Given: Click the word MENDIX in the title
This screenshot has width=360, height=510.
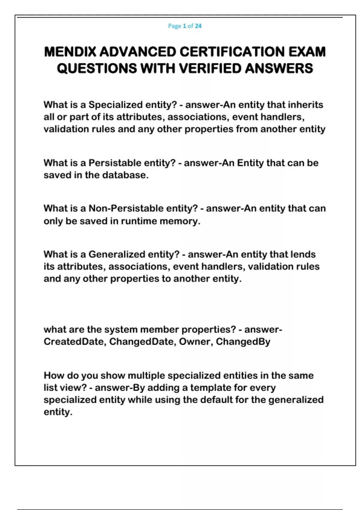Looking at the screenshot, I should coord(70,52).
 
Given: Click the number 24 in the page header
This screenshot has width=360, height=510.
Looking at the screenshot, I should coord(198,26).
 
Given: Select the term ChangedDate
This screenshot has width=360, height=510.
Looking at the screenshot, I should coord(142,342).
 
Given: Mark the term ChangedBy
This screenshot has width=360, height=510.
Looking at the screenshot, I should coord(243,342).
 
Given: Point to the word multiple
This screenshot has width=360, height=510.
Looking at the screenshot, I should coord(146,376).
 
